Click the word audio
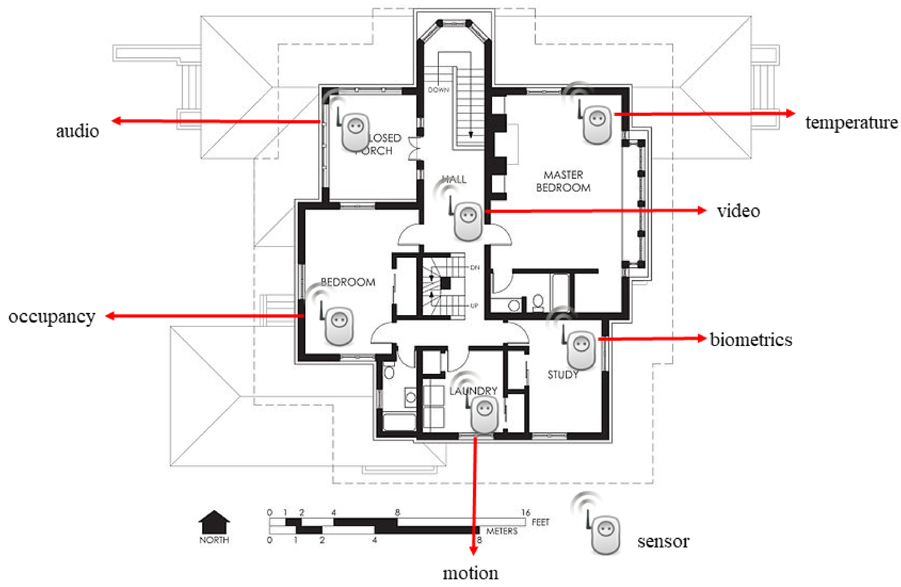[x=78, y=131]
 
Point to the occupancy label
[x=52, y=317]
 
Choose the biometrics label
[x=751, y=339]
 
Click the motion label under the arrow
[x=471, y=573]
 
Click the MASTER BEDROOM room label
[x=563, y=181]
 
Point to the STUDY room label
[x=563, y=374]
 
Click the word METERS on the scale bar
[x=502, y=531]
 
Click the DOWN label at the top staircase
[x=438, y=90]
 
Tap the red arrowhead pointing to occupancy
[x=110, y=316]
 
